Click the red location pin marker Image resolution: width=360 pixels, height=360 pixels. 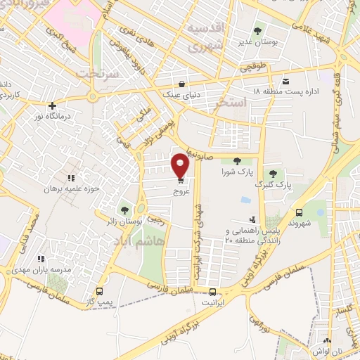click(181, 165)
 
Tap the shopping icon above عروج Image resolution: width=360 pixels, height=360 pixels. click(181, 180)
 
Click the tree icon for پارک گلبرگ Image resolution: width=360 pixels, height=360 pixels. click(273, 173)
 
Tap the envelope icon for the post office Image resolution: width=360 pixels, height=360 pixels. click(285, 81)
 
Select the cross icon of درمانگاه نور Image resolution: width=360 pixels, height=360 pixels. click(52, 105)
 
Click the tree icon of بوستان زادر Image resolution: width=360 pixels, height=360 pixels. click(124, 210)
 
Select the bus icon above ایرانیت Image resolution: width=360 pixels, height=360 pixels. click(214, 291)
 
